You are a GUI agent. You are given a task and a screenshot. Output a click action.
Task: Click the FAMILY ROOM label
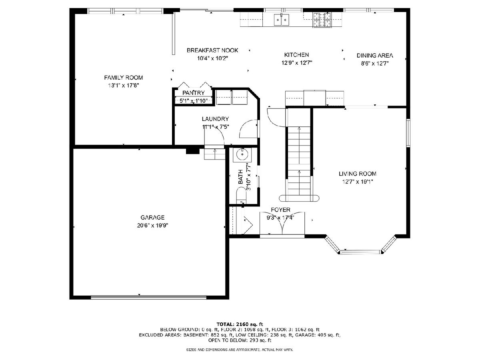point(123,78)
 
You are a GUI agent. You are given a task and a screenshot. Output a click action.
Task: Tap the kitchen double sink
point(282,20)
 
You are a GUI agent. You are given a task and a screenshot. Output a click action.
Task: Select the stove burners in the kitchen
point(322,20)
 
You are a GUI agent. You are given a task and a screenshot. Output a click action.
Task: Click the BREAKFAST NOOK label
point(212,50)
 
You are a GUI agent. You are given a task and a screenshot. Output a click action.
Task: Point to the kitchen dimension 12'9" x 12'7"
point(296,63)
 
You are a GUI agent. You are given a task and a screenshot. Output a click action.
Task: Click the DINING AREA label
point(375,56)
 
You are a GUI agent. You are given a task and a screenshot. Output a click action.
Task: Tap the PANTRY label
point(194,93)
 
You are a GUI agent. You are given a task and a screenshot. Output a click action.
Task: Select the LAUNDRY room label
point(215,119)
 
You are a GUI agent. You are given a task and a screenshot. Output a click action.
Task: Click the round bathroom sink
point(242,154)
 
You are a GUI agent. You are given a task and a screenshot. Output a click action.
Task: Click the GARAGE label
point(152,218)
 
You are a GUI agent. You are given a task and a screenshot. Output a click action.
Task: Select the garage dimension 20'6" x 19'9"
point(152,225)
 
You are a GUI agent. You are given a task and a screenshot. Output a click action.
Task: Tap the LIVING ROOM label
point(358,174)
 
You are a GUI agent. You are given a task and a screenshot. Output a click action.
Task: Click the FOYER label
point(280,210)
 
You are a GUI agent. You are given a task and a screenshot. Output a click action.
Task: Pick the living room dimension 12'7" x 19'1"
point(358,182)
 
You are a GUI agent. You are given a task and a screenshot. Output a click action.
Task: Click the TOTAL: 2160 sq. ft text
point(240,324)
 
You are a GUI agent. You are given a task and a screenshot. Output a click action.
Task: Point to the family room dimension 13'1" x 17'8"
point(124,86)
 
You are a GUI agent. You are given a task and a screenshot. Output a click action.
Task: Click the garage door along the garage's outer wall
point(149,297)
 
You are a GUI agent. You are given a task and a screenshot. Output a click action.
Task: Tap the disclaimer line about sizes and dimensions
point(240,350)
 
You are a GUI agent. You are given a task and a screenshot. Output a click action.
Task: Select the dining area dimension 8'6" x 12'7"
point(375,64)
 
